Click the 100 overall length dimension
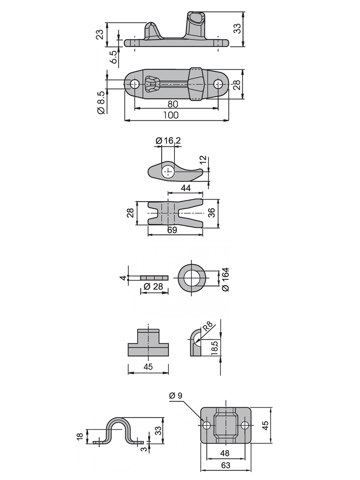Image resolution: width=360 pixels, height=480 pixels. point(171,115)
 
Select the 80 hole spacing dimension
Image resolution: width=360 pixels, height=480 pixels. point(173,104)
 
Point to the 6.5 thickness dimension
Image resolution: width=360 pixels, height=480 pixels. point(114,57)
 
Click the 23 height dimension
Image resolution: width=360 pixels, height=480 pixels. point(100,34)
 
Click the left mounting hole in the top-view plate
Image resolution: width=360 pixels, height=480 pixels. point(135,84)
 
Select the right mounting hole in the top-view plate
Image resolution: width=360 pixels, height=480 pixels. point(218,84)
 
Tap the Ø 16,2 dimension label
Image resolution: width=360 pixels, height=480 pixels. point(168,140)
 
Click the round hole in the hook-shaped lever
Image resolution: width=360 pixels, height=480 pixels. point(168,172)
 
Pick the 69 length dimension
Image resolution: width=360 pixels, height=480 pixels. point(172,230)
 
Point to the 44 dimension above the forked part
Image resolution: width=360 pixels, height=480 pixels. point(186,188)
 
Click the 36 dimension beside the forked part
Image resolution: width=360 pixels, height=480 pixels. point(212,213)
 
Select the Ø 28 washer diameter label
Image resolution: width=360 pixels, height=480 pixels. point(154,286)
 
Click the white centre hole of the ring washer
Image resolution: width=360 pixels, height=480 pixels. point(192,278)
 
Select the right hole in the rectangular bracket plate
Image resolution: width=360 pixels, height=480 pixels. point(245,425)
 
